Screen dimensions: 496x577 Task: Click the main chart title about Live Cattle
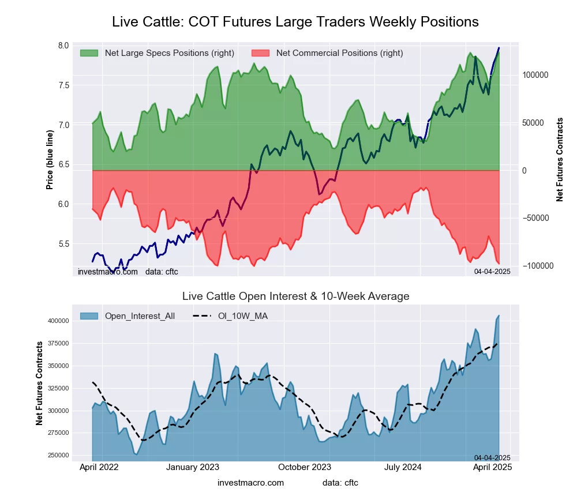295,22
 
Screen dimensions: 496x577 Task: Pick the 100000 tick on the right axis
535,76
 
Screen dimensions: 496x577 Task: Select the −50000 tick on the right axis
536,218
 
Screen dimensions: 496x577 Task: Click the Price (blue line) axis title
50,160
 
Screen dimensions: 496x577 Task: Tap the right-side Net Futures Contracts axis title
559,160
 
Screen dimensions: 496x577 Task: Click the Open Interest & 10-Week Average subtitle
295,296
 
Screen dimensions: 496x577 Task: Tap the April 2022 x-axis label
98,468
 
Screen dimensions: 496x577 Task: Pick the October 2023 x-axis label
305,468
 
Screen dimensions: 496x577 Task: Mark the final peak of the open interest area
499,316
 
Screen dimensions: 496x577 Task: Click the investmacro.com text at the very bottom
250,483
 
